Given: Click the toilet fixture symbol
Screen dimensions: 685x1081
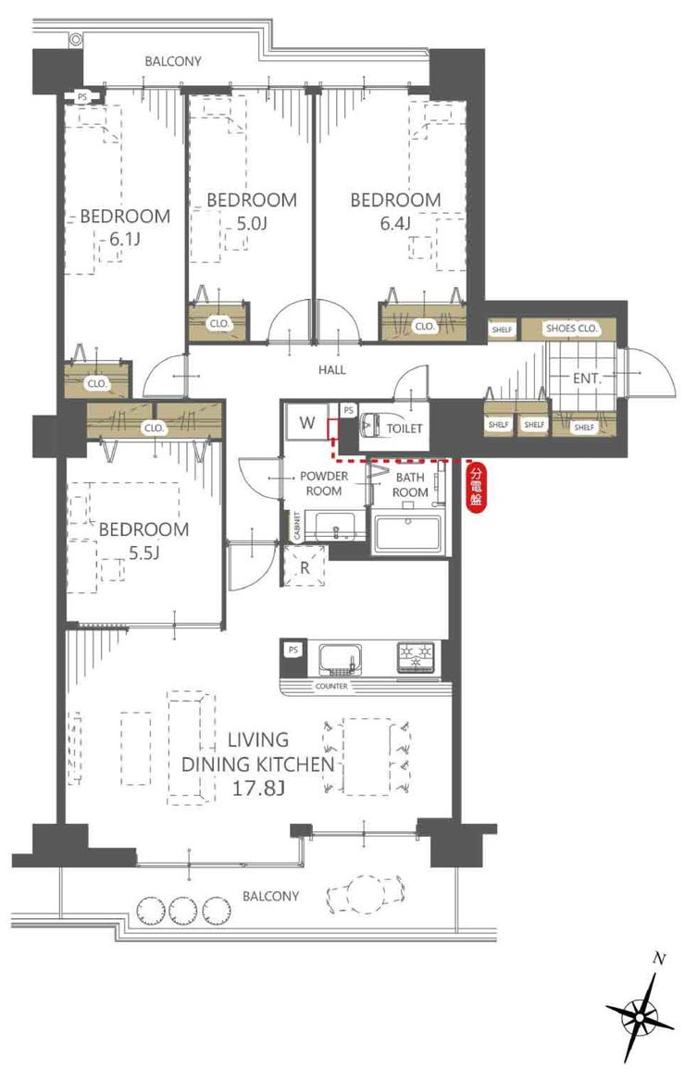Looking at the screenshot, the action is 372,425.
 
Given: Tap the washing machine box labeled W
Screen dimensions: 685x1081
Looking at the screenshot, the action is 307,423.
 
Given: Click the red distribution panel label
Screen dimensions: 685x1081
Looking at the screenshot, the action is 476,487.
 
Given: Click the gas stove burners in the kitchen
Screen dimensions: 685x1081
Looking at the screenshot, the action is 416,656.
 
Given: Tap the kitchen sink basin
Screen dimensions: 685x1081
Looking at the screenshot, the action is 341,658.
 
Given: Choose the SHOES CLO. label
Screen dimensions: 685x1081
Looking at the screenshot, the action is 572,329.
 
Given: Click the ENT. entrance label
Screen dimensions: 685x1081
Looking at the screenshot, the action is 587,379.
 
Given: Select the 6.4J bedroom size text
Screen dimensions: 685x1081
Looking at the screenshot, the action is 395,223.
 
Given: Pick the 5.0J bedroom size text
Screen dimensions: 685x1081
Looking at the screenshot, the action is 251,223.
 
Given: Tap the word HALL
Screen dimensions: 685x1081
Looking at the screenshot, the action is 331,370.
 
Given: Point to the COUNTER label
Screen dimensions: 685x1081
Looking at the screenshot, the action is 331,687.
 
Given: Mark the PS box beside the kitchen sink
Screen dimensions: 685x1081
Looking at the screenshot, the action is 293,650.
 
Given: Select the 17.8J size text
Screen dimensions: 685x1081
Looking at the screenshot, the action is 258,788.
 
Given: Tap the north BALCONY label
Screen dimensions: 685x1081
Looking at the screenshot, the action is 173,61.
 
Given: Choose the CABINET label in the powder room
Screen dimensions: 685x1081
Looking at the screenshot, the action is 296,527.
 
